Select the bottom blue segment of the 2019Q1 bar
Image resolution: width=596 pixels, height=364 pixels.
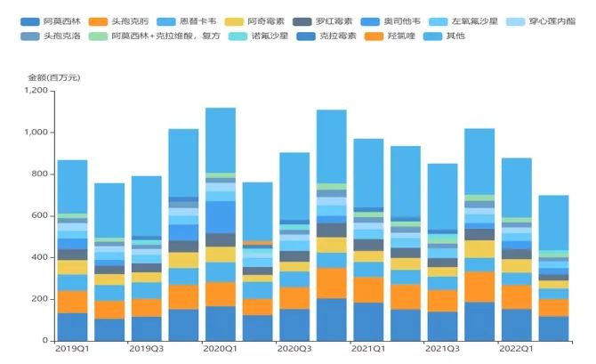coord(72,327)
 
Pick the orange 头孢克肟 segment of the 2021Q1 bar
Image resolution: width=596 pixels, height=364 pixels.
coord(368,290)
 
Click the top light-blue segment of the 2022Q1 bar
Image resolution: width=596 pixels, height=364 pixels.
coord(517,188)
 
